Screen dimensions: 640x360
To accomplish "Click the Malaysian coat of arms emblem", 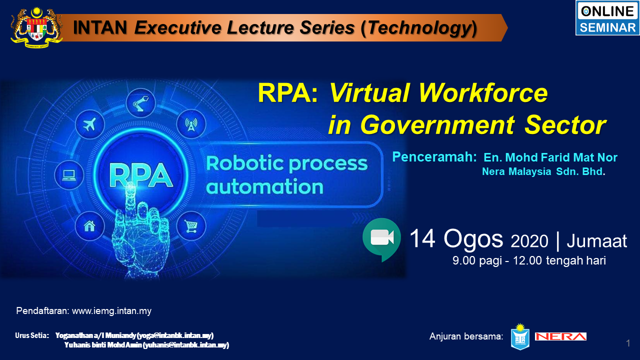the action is pyautogui.click(x=36, y=27).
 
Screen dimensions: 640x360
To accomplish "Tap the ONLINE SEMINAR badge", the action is pyautogui.click(x=607, y=18).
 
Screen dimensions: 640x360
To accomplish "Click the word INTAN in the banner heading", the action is pyautogui.click(x=100, y=27).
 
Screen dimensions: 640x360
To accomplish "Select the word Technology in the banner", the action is pyautogui.click(x=418, y=28).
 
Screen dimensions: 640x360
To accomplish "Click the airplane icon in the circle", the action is pyautogui.click(x=89, y=124).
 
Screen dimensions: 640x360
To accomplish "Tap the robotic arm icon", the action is pyautogui.click(x=140, y=103).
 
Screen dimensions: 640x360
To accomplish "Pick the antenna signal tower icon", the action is pyautogui.click(x=191, y=124).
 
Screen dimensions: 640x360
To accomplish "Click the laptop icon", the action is pyautogui.click(x=69, y=175).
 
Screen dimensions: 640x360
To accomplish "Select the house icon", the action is pyautogui.click(x=89, y=226).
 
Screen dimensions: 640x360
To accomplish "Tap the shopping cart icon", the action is pyautogui.click(x=191, y=226).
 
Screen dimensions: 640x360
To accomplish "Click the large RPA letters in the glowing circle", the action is pyautogui.click(x=141, y=175).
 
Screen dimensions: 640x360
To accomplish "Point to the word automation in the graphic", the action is pyautogui.click(x=264, y=187).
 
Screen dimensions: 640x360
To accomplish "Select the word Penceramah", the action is pyautogui.click(x=434, y=157).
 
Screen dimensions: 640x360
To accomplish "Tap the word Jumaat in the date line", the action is pyautogui.click(x=596, y=241).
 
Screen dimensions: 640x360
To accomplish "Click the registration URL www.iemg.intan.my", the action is pyautogui.click(x=111, y=311).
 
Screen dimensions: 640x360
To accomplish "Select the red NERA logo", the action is pyautogui.click(x=560, y=336).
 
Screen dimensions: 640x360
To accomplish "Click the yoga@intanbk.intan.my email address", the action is pyautogui.click(x=175, y=335).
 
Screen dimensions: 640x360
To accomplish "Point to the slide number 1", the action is pyautogui.click(x=628, y=343).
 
